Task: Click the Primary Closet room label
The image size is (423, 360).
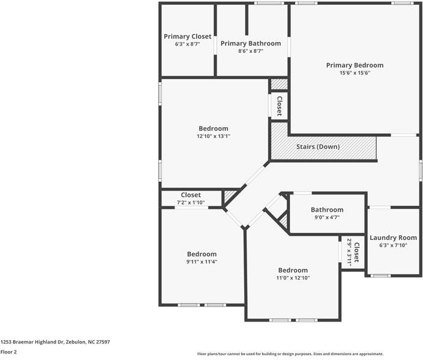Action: coord(188,37)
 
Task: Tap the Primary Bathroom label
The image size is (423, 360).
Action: coord(250,44)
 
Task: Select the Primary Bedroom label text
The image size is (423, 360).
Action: coord(355,65)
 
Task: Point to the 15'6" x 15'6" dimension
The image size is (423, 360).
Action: coord(355,73)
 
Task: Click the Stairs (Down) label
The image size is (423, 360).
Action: coord(318,147)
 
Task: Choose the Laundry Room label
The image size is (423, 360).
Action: coord(393,238)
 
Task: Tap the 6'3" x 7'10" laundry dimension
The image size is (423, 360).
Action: coord(393,245)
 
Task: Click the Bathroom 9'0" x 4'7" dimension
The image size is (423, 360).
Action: coord(327,217)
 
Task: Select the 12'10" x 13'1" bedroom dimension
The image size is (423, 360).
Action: coord(214,136)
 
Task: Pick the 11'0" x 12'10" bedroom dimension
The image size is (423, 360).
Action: coord(293,278)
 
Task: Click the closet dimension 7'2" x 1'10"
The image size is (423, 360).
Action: coord(191,203)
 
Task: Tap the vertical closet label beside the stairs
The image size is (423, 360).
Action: coord(279,107)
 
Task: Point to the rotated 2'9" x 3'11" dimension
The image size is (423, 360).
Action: coord(349,252)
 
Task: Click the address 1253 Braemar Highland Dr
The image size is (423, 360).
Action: coord(55,342)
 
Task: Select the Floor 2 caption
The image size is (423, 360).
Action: coord(8,352)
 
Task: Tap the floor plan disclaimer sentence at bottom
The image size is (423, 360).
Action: coord(290,354)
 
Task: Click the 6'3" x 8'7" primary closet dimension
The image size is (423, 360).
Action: coord(188,44)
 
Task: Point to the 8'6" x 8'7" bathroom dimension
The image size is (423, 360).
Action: coord(250,52)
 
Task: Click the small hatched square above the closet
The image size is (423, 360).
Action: coord(279,84)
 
